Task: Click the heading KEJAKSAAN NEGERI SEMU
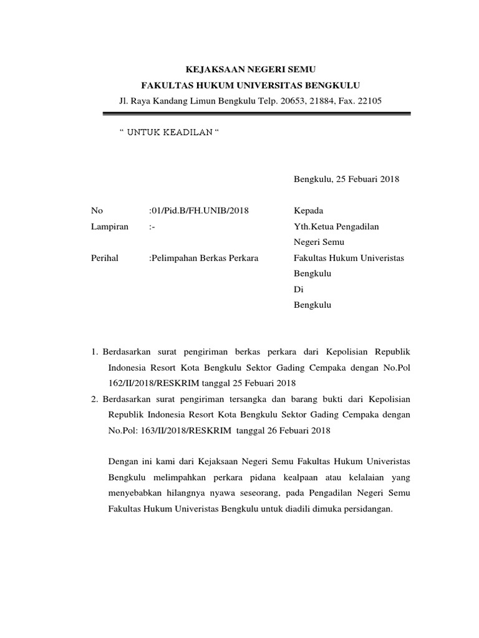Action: [239, 69]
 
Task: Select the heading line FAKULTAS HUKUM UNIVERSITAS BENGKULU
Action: [239, 85]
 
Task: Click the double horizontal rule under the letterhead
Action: [256, 114]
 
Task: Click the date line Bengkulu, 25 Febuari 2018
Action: [346, 179]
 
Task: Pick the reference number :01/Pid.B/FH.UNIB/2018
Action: [199, 211]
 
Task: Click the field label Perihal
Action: [105, 258]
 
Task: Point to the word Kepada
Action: [308, 211]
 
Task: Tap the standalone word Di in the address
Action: [298, 290]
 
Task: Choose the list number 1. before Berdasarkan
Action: [95, 353]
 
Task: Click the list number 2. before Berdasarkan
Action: [95, 399]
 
